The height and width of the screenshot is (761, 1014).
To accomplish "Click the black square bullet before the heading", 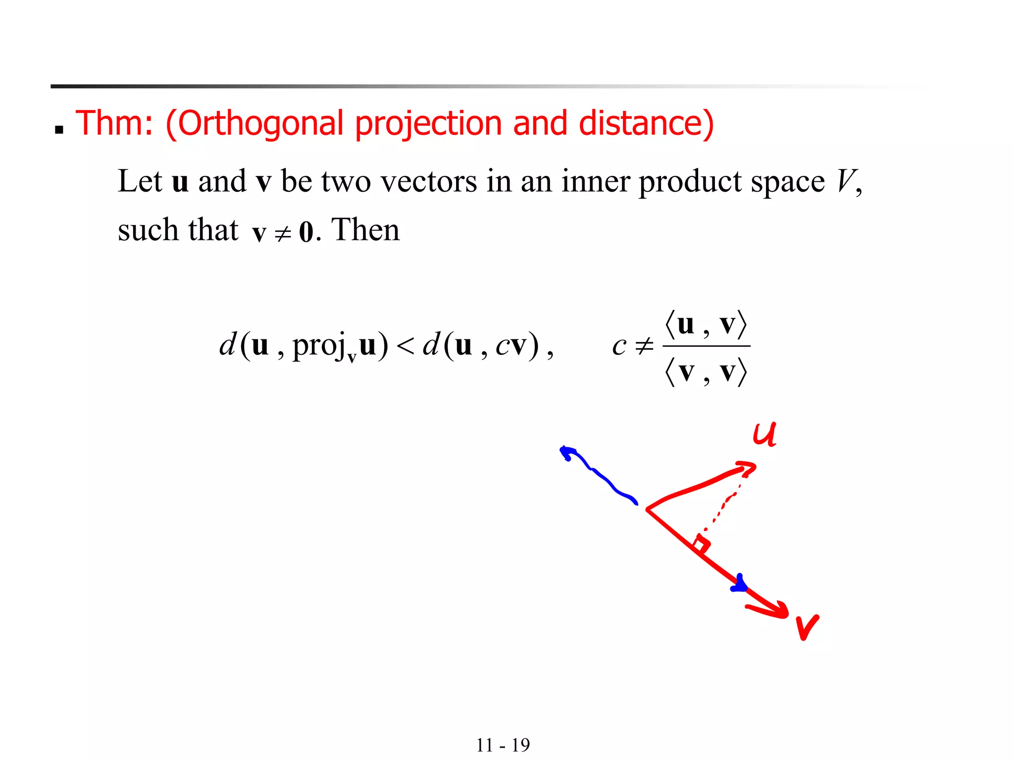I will point(59,130).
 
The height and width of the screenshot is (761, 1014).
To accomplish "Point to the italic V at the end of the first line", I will point(845,181).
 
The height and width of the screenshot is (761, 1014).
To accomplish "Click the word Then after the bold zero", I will point(365,230).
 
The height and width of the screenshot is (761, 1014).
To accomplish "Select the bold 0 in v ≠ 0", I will point(306,232).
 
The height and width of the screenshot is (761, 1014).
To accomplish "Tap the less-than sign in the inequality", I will point(405,346).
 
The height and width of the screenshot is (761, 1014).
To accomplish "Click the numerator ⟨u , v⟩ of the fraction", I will point(706,325).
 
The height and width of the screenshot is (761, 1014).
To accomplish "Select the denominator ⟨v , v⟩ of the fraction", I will point(706,372).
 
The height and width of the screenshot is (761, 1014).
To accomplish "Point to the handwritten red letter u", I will point(764,435).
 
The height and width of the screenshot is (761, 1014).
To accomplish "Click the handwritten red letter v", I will point(807,627).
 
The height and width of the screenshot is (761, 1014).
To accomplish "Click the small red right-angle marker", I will point(701,544).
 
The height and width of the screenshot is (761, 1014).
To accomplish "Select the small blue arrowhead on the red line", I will point(739,585).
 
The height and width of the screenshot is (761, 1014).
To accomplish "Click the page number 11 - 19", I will point(503,745).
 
